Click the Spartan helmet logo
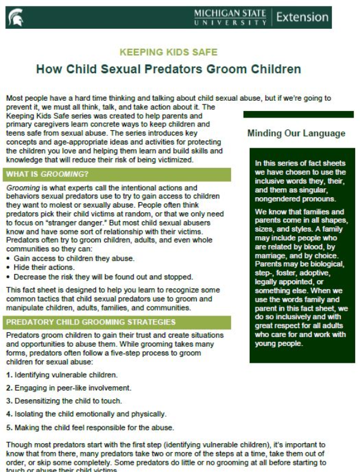pyautogui.click(x=15, y=18)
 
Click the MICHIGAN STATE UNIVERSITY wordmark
pyautogui.click(x=230, y=17)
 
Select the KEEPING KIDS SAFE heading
pyautogui.click(x=169, y=52)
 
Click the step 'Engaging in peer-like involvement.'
pyautogui.click(x=68, y=388)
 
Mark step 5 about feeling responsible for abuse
pyautogui.click(x=90, y=428)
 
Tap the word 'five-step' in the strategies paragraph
pyautogui.click(x=134, y=354)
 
